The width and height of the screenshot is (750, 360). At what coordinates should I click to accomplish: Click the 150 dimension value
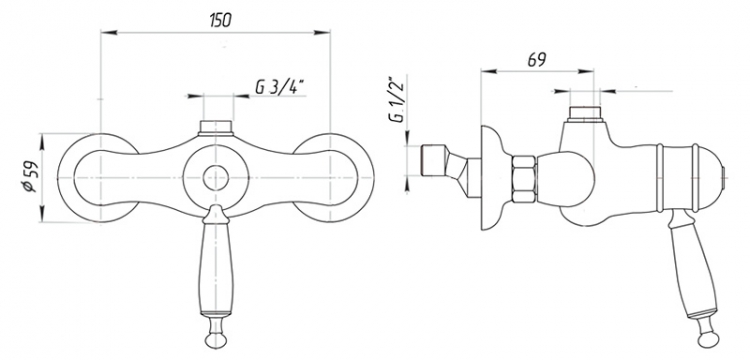pos(220,20)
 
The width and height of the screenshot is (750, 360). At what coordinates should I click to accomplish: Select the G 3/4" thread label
pos(280,87)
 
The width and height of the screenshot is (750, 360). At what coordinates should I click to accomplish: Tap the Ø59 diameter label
pos(30,177)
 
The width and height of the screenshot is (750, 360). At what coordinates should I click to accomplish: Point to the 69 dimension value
pos(537,60)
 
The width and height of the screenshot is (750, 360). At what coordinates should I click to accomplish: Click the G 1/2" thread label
pos(398,98)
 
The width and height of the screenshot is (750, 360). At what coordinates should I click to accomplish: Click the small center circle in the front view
pos(216,178)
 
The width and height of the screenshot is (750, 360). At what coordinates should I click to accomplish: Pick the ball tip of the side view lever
pos(708,338)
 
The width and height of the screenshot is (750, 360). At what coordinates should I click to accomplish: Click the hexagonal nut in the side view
pos(524,180)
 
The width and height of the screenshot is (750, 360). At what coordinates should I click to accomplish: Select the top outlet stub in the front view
pos(216,128)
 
